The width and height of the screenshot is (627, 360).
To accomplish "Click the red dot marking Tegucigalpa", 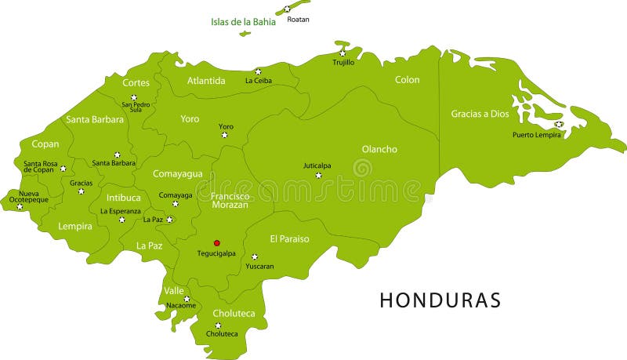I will (217, 243).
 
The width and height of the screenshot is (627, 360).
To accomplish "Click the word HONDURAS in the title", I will (440, 300).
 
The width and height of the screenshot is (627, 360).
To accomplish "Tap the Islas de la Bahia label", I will (243, 22).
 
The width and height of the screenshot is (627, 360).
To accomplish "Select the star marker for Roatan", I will (287, 9).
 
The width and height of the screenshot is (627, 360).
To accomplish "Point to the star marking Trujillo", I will (342, 53).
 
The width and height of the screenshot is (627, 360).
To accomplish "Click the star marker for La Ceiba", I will (258, 71).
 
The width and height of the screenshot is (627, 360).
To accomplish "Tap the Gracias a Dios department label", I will (480, 114).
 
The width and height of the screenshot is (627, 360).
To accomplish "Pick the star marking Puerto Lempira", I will (558, 124).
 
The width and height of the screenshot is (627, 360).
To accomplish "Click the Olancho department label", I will (379, 149).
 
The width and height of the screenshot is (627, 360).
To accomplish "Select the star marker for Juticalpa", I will (318, 175).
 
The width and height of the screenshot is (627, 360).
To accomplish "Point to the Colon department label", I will (407, 80).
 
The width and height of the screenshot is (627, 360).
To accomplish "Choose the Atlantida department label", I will (206, 81).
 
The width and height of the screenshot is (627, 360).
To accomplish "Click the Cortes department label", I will (136, 82).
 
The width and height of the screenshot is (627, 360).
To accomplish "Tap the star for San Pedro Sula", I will (134, 97).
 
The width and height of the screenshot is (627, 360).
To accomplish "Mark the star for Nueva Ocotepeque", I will (20, 207).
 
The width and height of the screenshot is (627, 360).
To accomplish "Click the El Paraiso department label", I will (289, 238).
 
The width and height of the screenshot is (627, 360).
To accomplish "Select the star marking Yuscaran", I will (254, 256).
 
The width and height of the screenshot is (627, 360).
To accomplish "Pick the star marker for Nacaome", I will (187, 299).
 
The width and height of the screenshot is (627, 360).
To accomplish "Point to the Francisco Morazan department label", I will (230, 200).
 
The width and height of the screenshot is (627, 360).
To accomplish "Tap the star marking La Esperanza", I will (121, 220).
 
